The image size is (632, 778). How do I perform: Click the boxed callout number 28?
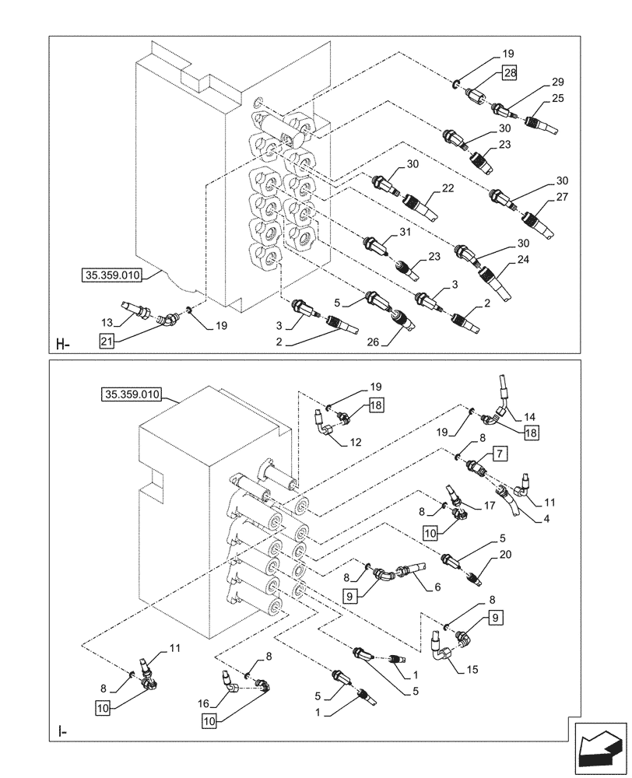coord(508,72)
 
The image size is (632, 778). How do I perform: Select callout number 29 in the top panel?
coord(557,82)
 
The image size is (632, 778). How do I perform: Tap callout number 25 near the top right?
coord(557,99)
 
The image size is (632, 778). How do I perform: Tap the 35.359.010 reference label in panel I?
coord(131,394)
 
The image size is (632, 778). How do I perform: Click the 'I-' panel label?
coord(62,731)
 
